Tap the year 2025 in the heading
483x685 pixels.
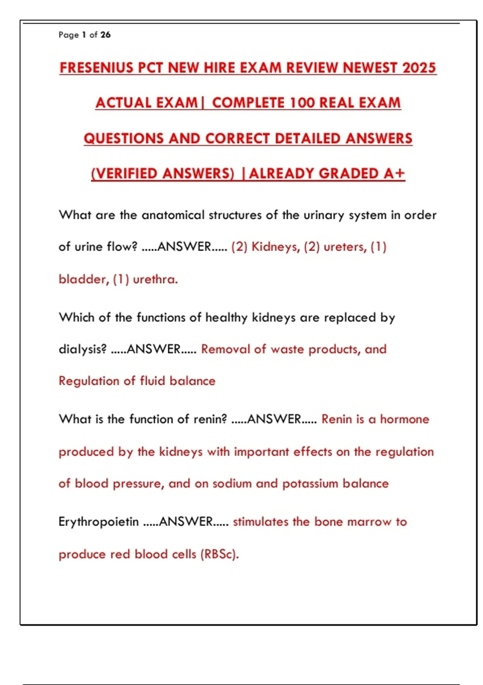(x=419, y=67)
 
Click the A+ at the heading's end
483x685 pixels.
(x=394, y=173)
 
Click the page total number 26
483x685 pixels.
(x=105, y=35)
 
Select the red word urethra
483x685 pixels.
(x=155, y=279)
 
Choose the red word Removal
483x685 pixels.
(x=225, y=349)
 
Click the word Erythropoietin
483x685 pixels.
(x=99, y=522)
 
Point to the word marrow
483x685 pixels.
(x=369, y=522)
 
